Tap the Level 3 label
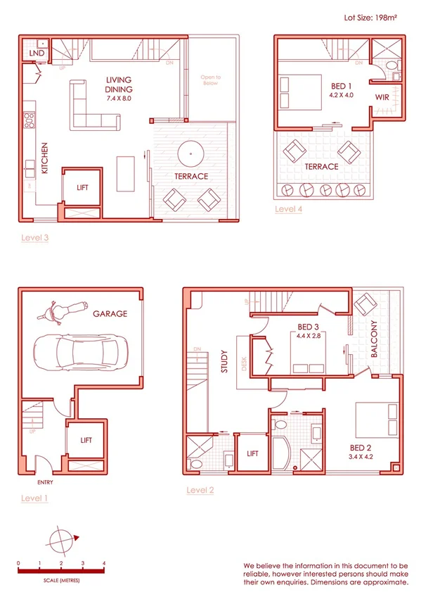[35, 238]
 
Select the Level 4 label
[288, 209]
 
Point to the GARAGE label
[110, 313]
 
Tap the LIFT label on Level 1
[86, 440]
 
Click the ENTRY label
[45, 482]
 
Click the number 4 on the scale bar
[104, 564]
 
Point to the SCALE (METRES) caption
[61, 580]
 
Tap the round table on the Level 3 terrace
[190, 151]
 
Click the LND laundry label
[37, 54]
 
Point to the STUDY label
[226, 364]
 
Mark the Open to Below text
[210, 80]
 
